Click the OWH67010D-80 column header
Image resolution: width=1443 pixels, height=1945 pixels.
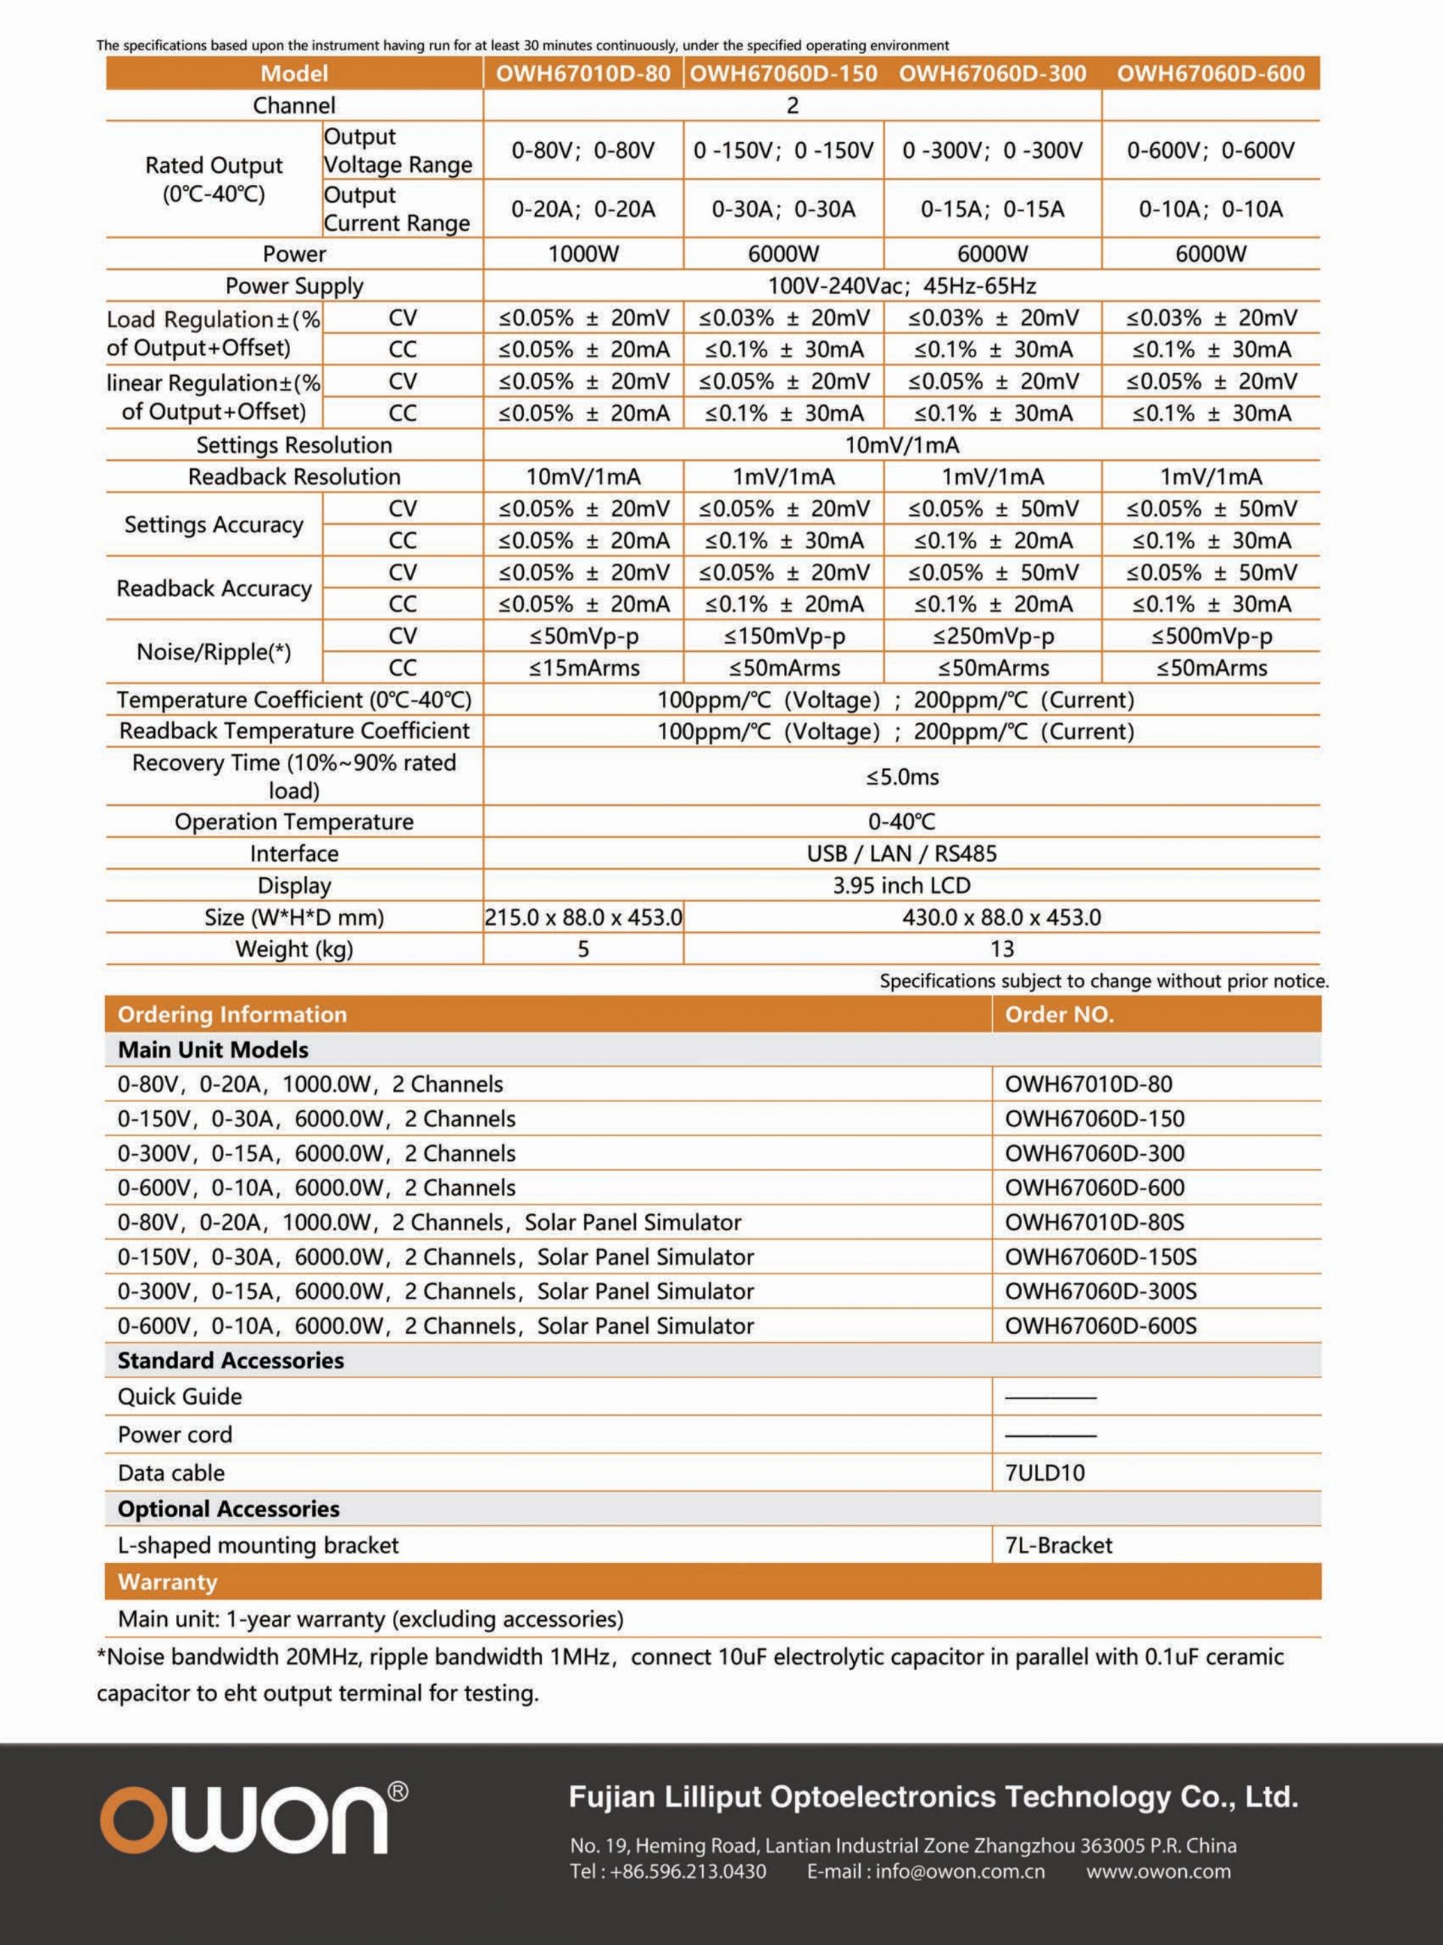coord(582,74)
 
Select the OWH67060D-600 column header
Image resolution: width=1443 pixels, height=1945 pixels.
coord(1211,74)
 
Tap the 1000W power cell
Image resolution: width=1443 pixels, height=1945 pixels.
coord(582,254)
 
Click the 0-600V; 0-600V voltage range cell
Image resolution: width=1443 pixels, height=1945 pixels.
coord(1211,150)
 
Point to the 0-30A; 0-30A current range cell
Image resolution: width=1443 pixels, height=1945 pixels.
coord(784,209)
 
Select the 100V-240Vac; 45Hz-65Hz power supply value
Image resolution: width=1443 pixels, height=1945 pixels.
coord(901,286)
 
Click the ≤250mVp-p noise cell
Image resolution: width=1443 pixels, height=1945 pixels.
coord(992,636)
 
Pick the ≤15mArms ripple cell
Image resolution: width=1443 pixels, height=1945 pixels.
coord(582,668)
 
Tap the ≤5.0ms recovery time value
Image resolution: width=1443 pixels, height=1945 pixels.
coord(901,777)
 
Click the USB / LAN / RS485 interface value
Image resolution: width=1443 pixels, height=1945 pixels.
coord(901,853)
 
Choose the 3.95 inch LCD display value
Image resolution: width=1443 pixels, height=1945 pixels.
coord(901,885)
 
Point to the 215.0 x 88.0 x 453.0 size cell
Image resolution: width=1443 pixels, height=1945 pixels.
coord(582,917)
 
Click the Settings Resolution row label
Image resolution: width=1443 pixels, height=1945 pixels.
coord(294,445)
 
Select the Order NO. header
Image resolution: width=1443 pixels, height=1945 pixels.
coord(1059,1014)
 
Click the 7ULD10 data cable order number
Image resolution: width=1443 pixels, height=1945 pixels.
coord(1045,1473)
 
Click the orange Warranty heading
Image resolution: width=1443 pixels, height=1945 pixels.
coord(168,1582)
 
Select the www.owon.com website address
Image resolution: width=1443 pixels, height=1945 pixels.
coord(1158,1871)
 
